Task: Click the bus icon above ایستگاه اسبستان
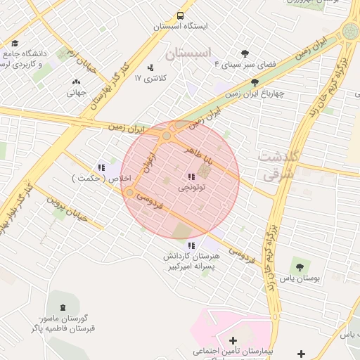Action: pos(181,15)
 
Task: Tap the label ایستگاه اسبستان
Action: pos(181,27)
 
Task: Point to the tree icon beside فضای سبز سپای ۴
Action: pos(245,53)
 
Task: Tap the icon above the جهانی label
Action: pos(76,82)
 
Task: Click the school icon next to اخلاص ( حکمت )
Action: pos(102,167)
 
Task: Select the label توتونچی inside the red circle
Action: pos(191,188)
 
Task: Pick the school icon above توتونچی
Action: pos(191,176)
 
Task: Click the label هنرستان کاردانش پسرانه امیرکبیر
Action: pos(191,262)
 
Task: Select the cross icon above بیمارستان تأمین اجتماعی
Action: pos(233,341)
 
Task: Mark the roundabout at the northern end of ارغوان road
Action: pos(167,136)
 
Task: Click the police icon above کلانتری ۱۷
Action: pos(150,67)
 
